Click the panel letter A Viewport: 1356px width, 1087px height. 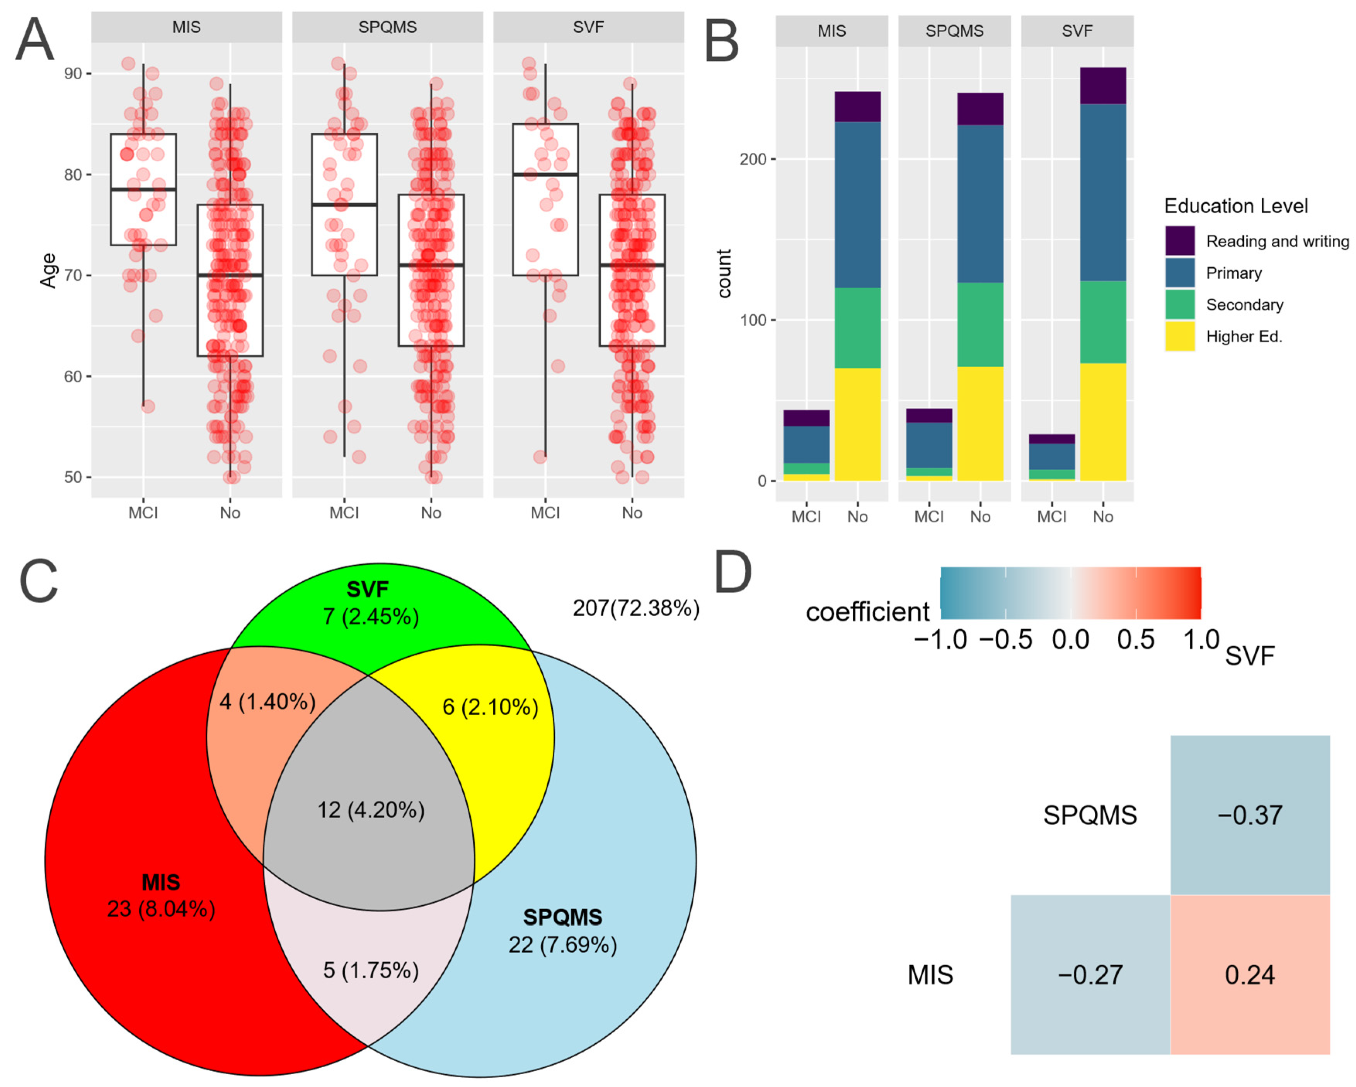(x=34, y=39)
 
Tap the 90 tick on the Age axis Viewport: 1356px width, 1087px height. (x=73, y=73)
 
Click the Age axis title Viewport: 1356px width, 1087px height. (x=48, y=271)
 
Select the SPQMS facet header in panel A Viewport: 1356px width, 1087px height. (x=387, y=27)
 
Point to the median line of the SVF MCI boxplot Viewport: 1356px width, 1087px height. (x=545, y=174)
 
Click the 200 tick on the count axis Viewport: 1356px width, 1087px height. (x=753, y=159)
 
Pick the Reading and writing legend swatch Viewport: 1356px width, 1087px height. (x=1179, y=241)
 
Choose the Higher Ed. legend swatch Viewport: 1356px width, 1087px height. (x=1179, y=336)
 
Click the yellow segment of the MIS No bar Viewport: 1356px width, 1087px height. (x=857, y=424)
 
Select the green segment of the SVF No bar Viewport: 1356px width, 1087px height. (x=1102, y=322)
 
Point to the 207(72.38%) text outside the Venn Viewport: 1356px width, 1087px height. (x=635, y=608)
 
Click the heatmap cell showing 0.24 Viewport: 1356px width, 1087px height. (x=1250, y=975)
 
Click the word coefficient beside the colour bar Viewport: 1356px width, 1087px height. (x=867, y=612)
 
